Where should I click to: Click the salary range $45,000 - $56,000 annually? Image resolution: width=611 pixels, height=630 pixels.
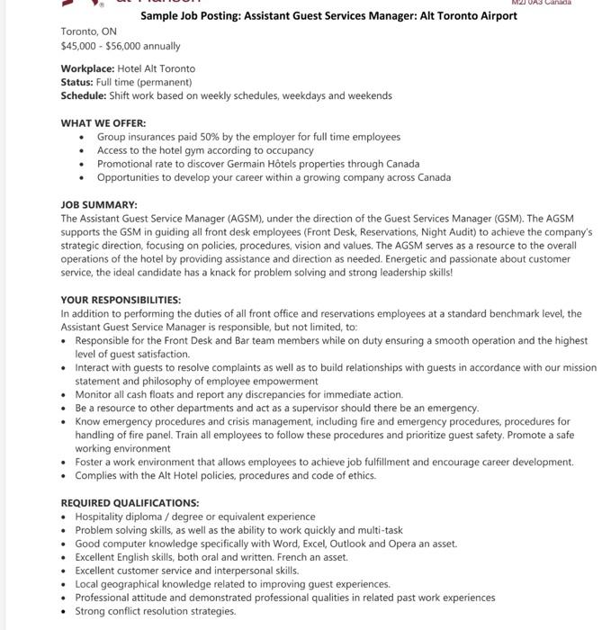pos(121,46)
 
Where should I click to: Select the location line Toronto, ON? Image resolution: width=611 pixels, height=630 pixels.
pos(89,31)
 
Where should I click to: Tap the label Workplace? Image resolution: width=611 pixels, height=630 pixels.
pos(87,68)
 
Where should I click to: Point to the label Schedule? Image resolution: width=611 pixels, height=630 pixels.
pos(83,95)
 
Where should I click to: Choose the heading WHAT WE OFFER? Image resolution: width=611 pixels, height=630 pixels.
pos(103,123)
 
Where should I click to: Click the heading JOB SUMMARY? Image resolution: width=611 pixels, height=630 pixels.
pos(99,205)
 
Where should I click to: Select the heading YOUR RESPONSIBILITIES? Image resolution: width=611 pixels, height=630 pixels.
pos(121,300)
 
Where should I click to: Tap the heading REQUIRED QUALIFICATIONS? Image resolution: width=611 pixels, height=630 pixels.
pos(130,503)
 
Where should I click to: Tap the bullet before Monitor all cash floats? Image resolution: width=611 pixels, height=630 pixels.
pos(65,395)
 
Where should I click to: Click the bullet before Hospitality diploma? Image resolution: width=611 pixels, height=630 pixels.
pos(65,517)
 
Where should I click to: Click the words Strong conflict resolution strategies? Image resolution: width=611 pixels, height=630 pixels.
pos(155,611)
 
